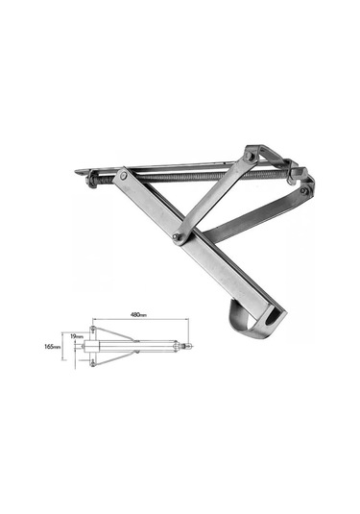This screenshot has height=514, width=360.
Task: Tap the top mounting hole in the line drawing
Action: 91,329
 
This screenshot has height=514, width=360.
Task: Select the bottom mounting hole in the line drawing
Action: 91,363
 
